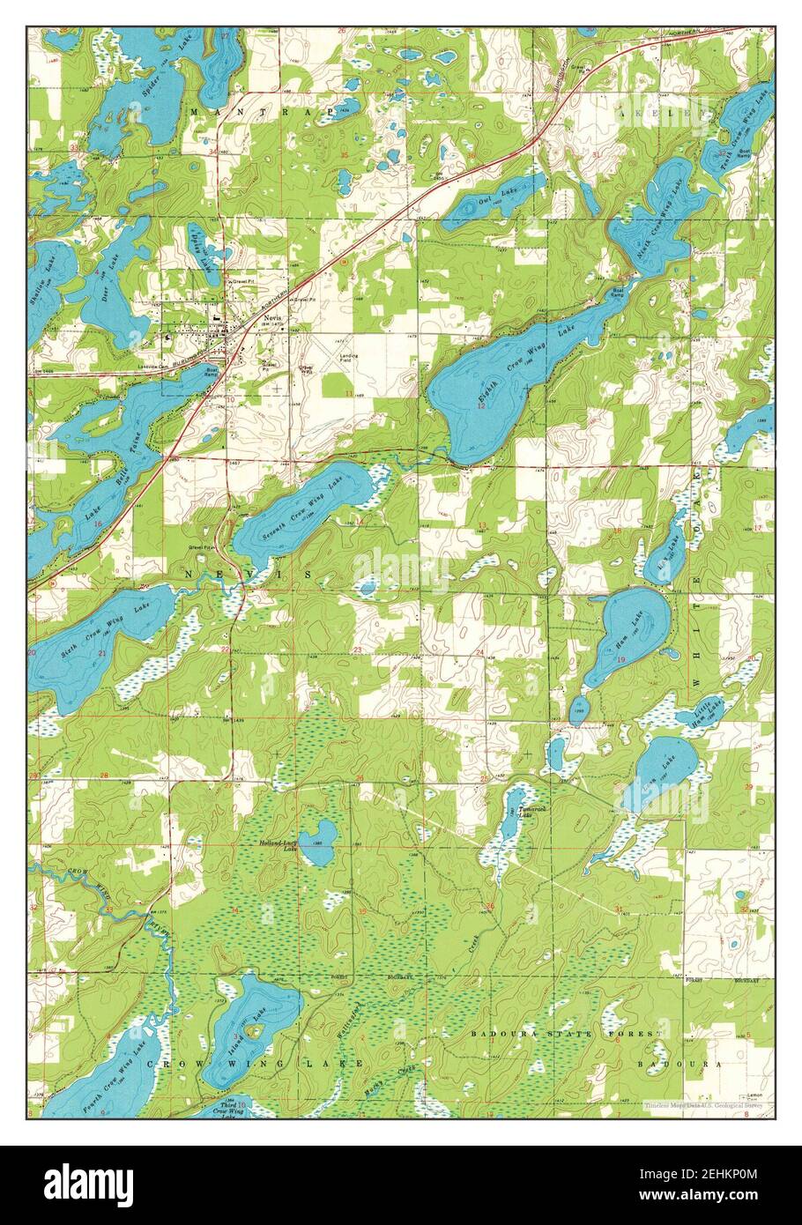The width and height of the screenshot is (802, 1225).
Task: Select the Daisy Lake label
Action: pos(202,247)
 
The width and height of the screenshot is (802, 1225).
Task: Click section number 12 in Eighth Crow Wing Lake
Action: pos(481,406)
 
